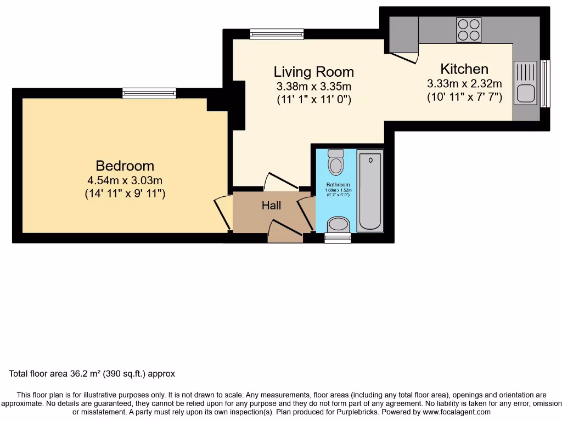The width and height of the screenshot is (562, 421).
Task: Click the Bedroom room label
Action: click(x=125, y=166)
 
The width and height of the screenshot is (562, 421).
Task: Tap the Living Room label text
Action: click(x=313, y=72)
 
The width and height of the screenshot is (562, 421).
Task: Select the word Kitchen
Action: click(x=464, y=69)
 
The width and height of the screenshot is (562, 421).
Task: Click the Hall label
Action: click(x=271, y=206)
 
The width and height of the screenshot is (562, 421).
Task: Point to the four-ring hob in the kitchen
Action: click(x=469, y=30)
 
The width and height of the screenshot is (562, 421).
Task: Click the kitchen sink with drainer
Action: click(x=526, y=83)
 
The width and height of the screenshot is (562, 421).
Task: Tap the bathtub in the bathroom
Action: click(x=369, y=191)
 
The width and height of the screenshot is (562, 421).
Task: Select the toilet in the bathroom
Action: click(x=335, y=162)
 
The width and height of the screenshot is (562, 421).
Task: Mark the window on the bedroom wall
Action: click(x=149, y=93)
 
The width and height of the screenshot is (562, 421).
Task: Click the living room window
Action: click(x=277, y=34)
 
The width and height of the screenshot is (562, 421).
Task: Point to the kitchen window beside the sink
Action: click(x=544, y=84)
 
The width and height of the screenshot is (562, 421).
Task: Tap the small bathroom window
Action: click(x=337, y=238)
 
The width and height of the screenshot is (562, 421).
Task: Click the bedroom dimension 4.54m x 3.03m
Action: click(x=125, y=180)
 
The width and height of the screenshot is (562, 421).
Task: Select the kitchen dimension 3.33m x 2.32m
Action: click(x=464, y=84)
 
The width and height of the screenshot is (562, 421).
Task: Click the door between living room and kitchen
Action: click(x=405, y=56)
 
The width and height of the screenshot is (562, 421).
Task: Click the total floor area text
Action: click(x=92, y=374)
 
